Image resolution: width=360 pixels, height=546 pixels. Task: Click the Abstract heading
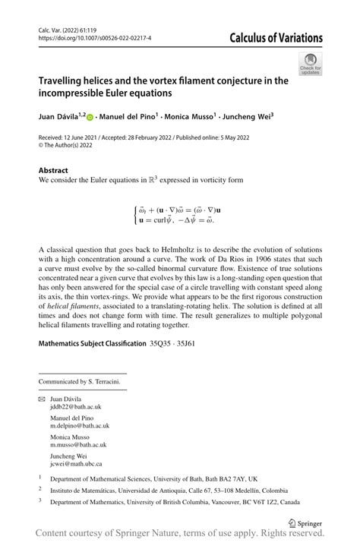53,171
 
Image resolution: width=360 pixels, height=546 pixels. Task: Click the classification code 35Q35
163,344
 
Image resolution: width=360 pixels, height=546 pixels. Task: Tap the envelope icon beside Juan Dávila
42,399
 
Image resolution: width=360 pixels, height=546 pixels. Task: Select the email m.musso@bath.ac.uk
78,445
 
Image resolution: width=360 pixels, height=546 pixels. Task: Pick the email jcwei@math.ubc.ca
76,463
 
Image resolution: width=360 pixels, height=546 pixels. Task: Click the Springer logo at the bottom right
303,522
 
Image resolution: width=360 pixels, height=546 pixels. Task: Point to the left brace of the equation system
136,214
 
